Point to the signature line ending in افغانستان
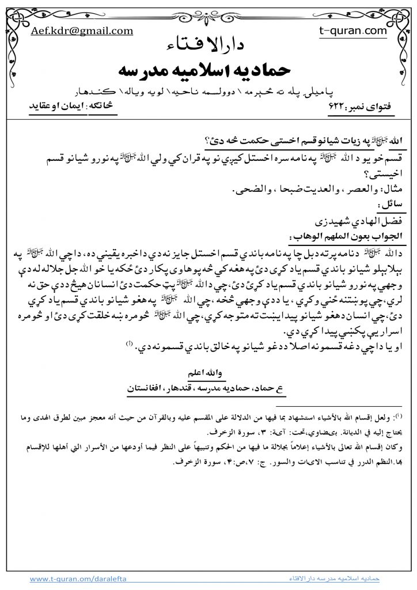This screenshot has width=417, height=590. pyautogui.click(x=208, y=389)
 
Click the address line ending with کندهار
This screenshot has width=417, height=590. pyautogui.click(x=208, y=92)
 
